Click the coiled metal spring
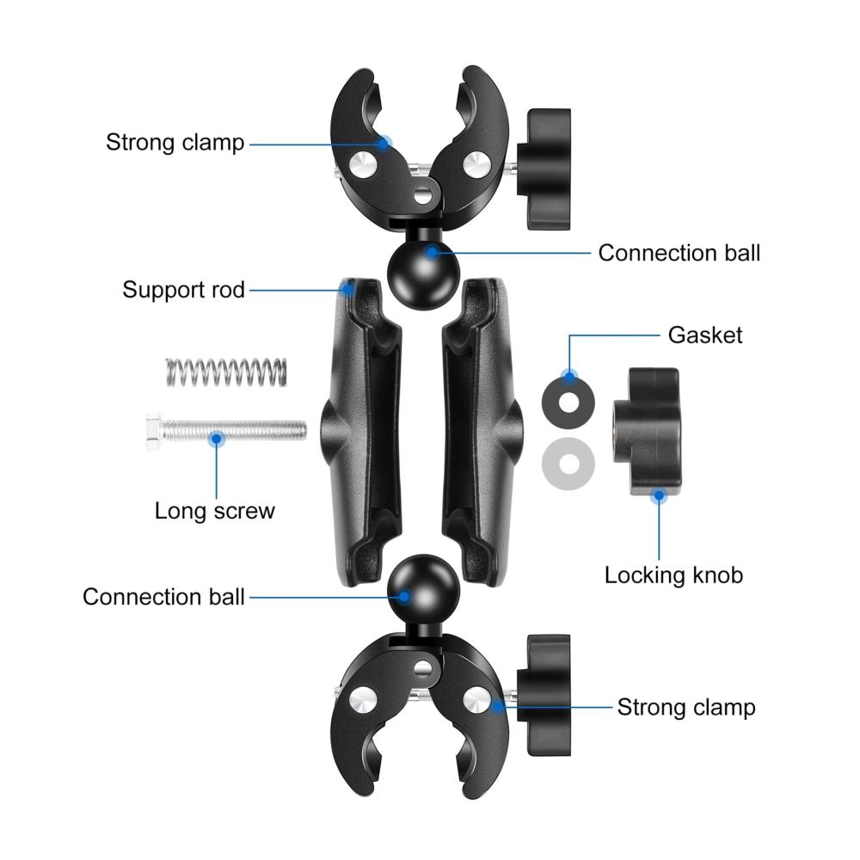(226, 372)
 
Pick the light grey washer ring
(568, 464)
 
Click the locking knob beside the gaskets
(647, 433)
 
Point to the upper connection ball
(423, 274)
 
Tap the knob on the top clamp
(544, 169)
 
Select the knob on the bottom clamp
(544, 696)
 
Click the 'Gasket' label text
(705, 335)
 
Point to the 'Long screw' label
(214, 511)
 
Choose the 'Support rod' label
(183, 290)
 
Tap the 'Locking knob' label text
(673, 575)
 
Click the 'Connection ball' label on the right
(679, 253)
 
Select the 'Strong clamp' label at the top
(175, 142)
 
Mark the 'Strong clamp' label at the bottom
(686, 707)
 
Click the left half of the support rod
(361, 433)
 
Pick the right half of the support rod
(482, 433)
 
